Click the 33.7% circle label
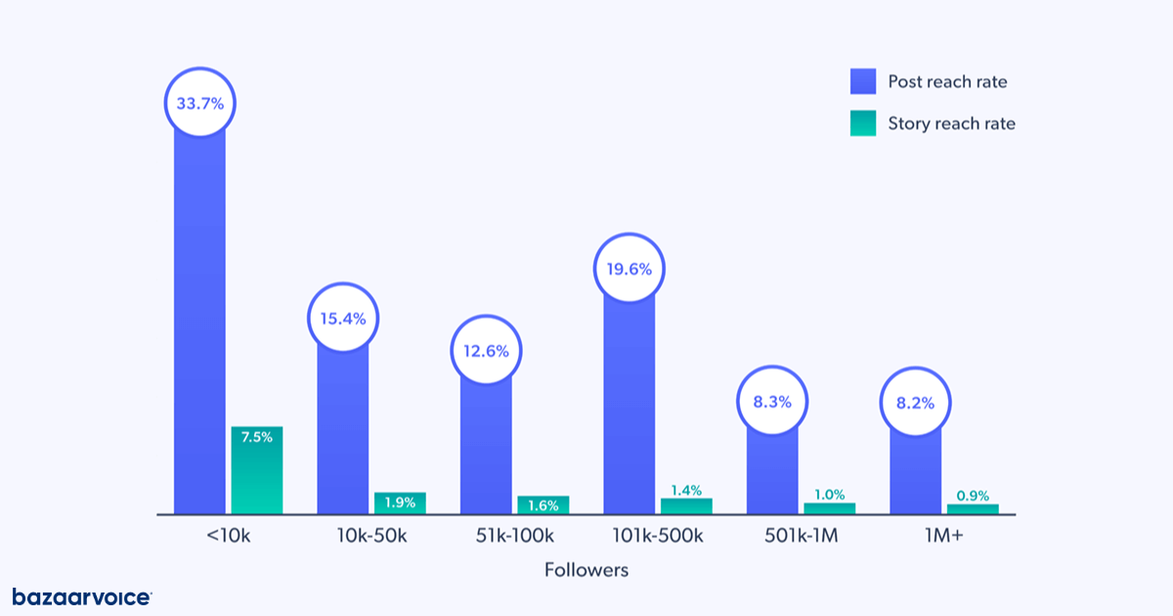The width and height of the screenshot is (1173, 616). (199, 103)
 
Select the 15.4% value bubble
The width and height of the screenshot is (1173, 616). (343, 319)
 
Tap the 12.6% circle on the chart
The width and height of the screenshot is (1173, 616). (486, 351)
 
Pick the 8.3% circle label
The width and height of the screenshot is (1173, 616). (772, 401)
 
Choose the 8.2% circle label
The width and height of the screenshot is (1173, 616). (915, 401)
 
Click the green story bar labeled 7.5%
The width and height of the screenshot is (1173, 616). (256, 469)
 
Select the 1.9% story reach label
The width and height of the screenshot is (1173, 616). (400, 503)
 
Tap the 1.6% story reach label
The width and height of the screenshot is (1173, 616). (543, 506)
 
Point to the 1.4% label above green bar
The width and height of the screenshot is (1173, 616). (686, 490)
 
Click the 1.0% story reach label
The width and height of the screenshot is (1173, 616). (829, 495)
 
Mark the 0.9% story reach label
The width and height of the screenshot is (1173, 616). (973, 496)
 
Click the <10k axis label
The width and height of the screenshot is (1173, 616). (228, 536)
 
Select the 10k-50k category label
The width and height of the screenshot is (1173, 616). (371, 536)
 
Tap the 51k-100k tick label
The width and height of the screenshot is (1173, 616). (514, 536)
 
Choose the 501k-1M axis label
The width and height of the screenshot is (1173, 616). (801, 536)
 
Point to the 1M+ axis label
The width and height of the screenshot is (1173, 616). (943, 536)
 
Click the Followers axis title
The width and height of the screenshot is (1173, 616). (586, 569)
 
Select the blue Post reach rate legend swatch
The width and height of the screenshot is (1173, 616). (863, 81)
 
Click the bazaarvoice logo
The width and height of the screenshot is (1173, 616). (82, 596)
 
